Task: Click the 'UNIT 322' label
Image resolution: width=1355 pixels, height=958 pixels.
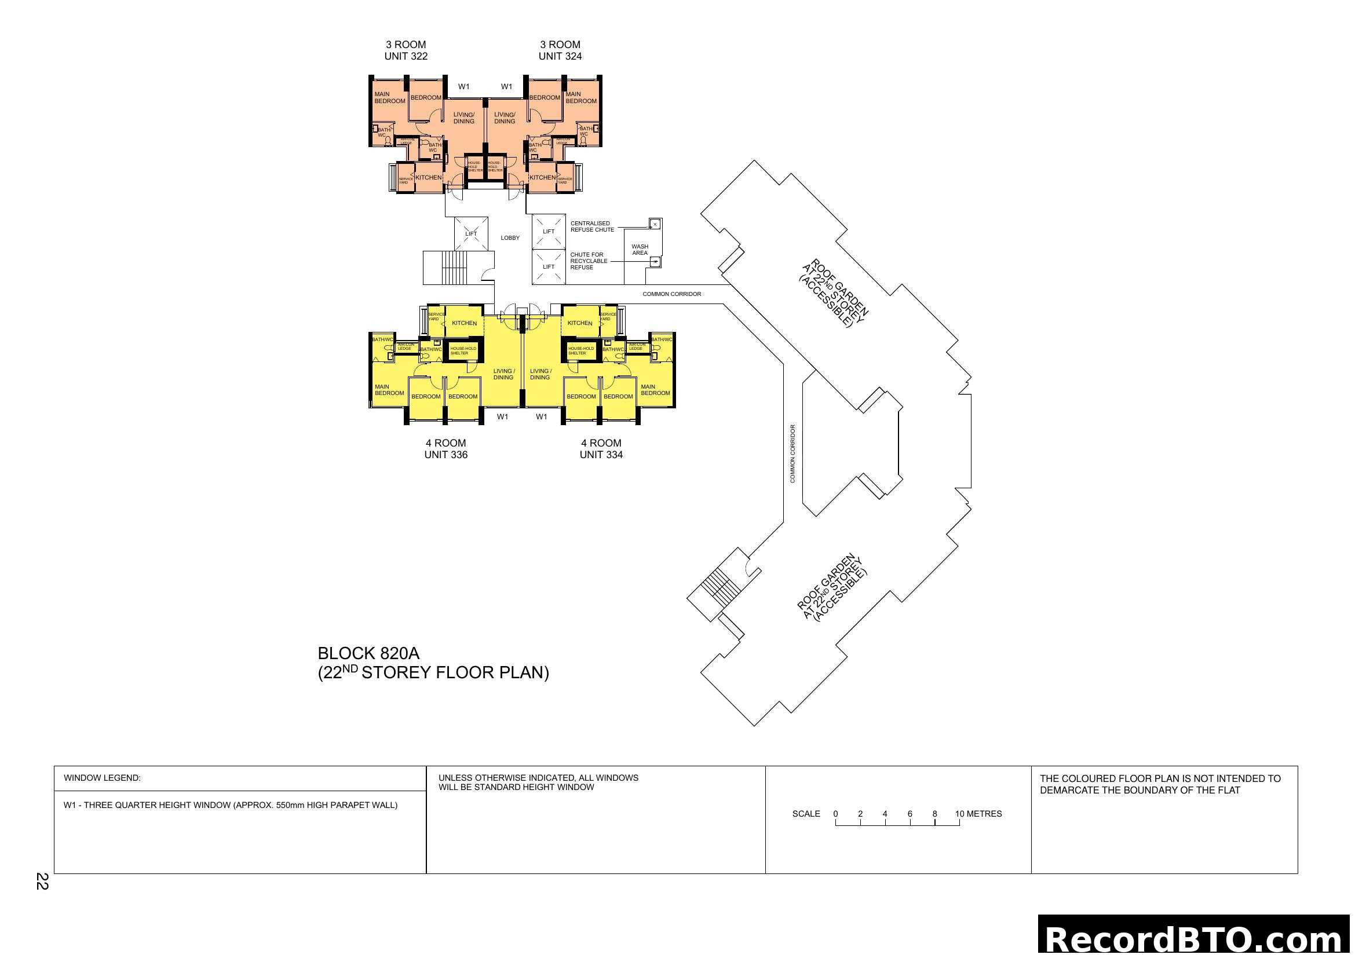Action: (x=406, y=57)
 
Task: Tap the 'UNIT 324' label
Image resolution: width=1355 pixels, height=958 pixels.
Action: (x=560, y=57)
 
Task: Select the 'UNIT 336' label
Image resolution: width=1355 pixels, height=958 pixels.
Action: (x=445, y=455)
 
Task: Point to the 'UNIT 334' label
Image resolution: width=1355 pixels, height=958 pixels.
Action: (x=601, y=455)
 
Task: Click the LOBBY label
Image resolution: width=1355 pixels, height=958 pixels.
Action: (x=510, y=238)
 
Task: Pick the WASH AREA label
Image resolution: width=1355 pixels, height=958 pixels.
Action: (x=640, y=250)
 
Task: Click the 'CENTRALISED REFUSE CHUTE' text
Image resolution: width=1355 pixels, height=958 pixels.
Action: (x=592, y=226)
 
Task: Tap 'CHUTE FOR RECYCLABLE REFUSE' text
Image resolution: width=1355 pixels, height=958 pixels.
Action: (x=589, y=261)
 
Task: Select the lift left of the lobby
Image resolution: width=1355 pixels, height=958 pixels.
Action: (x=471, y=233)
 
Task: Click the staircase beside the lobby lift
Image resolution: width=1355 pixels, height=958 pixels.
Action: (x=454, y=268)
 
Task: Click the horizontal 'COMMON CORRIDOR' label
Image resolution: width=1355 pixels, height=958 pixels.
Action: (x=671, y=294)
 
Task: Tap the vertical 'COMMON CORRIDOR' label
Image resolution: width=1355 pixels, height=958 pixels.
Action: (x=792, y=454)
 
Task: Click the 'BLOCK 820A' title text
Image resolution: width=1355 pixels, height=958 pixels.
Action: (x=368, y=653)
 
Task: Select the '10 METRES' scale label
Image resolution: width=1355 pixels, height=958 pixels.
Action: (x=978, y=814)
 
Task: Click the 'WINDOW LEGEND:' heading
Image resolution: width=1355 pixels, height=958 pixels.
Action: (x=102, y=778)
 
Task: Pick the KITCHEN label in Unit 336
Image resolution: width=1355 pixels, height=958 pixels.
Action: (x=464, y=323)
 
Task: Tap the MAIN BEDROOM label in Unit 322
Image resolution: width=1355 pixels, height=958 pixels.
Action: (x=389, y=98)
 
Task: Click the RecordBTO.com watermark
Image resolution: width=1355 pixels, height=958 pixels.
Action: (x=1195, y=939)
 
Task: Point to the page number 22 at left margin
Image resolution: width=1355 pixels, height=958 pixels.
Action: (x=42, y=882)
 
